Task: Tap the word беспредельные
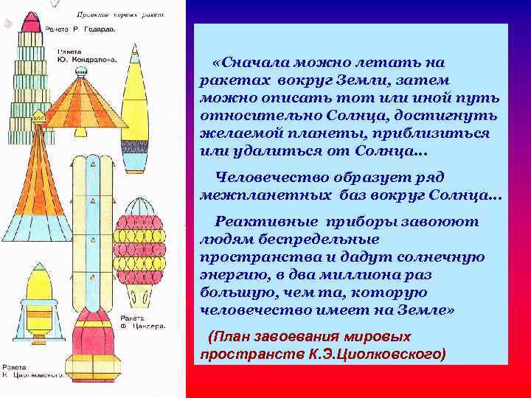point(326,239)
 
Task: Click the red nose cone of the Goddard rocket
point(32,23)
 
